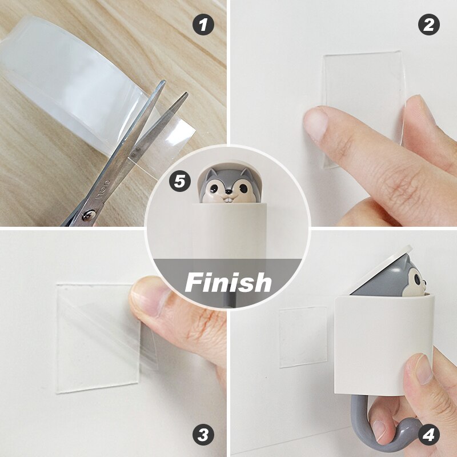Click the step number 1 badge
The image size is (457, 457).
point(203,25)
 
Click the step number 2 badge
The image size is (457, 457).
point(429,25)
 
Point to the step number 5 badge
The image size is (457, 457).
point(180,182)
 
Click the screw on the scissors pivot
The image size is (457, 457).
point(88,214)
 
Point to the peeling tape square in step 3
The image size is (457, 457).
point(97,337)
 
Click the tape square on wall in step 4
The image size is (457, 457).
point(303,337)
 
